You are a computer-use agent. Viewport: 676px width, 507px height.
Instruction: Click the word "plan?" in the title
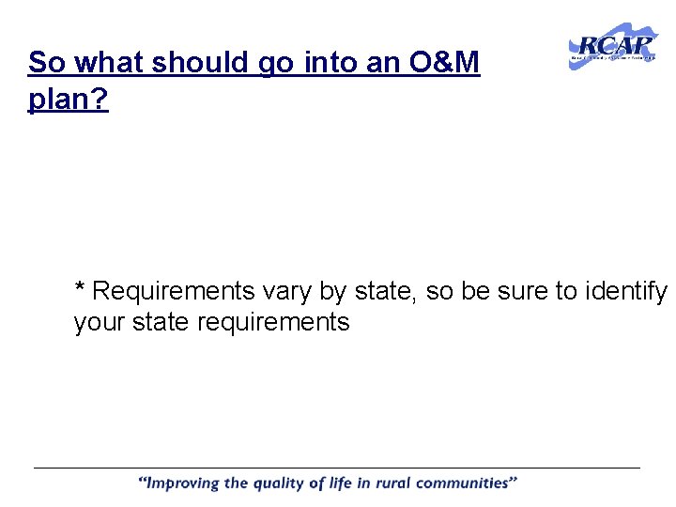pos(69,100)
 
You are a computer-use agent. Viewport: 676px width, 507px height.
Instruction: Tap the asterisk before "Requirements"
pos(81,287)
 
